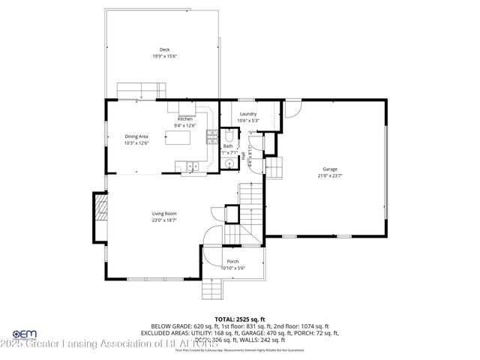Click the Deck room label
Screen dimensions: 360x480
164,49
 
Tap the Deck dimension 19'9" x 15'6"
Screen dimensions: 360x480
164,56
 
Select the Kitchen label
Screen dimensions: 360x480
185,119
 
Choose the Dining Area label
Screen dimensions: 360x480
136,136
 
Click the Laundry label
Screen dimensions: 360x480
247,114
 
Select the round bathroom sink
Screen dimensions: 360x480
228,163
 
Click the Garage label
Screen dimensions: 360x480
330,169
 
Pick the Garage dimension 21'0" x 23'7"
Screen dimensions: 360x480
330,176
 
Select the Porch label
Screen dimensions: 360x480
233,261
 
